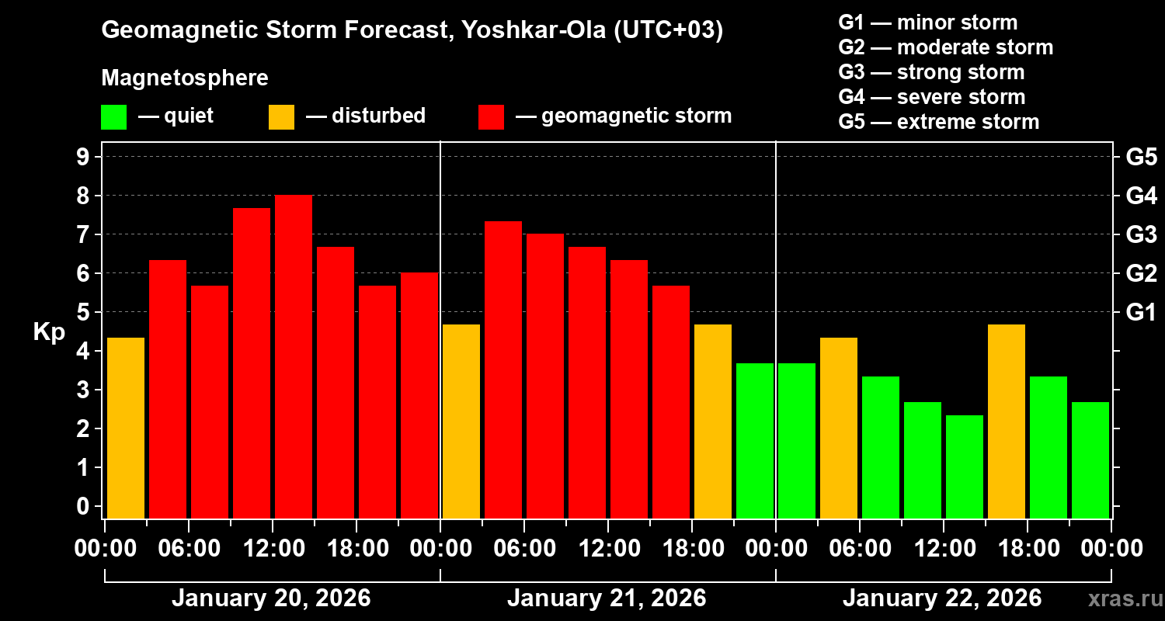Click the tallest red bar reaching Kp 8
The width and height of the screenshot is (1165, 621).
[294, 356]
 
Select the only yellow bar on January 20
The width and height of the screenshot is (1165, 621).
[126, 428]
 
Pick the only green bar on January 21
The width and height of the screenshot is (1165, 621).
[755, 440]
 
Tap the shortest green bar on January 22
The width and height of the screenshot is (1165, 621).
[965, 467]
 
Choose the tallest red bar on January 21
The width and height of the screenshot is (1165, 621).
[503, 369]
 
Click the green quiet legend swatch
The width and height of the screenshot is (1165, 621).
[113, 117]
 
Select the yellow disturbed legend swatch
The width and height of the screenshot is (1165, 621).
[281, 117]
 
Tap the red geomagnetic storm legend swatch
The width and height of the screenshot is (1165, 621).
[491, 117]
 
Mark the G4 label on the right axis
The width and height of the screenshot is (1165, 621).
[1141, 196]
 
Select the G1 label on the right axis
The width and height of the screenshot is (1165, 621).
[1141, 312]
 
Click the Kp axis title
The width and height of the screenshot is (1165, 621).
[49, 331]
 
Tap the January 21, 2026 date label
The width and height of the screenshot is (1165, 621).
[607, 598]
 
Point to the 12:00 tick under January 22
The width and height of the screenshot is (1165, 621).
[943, 548]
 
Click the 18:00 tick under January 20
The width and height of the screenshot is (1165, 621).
[356, 548]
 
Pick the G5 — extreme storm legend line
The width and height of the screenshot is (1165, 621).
[938, 122]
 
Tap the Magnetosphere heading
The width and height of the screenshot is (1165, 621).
[185, 78]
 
